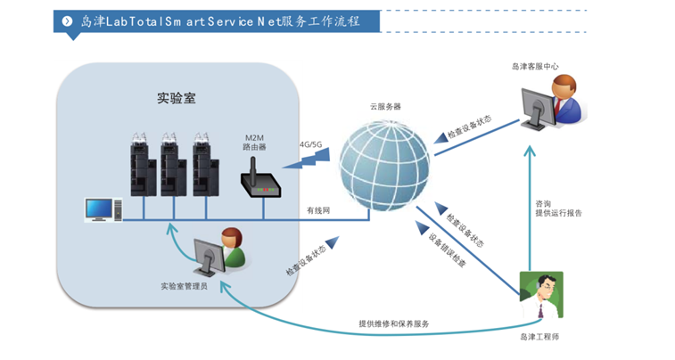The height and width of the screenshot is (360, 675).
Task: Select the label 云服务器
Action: [x=385, y=106]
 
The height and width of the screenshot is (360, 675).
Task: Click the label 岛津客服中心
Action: [x=535, y=66]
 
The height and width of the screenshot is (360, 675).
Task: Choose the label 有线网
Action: [x=318, y=210]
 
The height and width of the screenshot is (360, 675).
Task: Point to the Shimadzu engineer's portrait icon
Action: [x=542, y=294]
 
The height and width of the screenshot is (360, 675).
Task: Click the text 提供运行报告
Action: [x=559, y=213]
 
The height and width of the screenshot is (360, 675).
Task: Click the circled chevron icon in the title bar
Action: [x=67, y=20]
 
